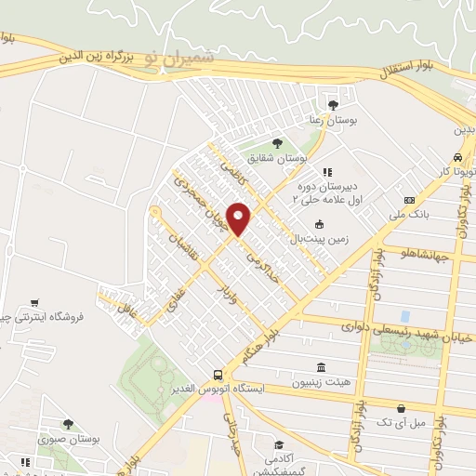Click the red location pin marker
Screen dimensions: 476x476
click(x=239, y=218)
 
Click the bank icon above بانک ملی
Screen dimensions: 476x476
click(x=409, y=201)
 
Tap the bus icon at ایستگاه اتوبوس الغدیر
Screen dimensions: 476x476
click(x=216, y=371)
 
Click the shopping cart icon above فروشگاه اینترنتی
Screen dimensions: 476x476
click(x=34, y=301)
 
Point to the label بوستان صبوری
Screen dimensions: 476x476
click(x=69, y=438)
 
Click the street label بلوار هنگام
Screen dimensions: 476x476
click(x=259, y=344)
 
